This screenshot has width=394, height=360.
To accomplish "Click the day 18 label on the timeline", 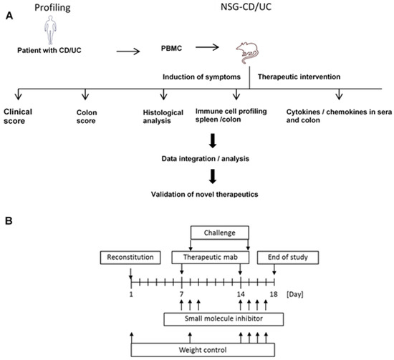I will [x=276, y=295].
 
